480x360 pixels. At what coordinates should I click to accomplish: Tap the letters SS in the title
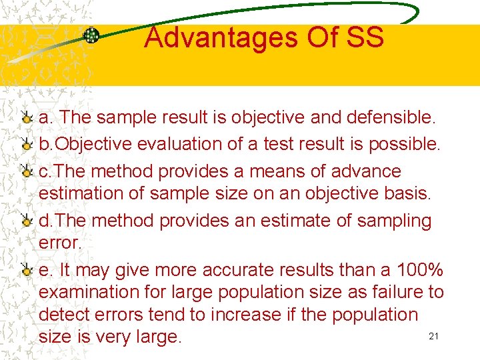coord(365,37)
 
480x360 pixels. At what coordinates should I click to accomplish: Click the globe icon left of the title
coord(91,36)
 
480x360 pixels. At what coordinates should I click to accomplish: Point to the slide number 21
coord(433,336)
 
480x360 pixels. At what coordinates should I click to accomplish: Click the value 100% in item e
coord(420,270)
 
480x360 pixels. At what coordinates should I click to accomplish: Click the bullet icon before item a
coord(27,119)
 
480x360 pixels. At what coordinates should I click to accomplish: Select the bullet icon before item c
coord(27,171)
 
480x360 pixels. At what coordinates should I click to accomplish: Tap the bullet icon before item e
coord(27,271)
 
